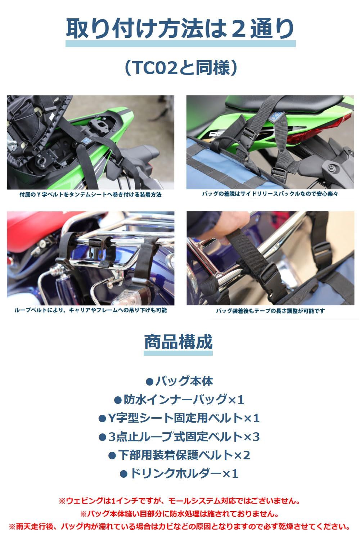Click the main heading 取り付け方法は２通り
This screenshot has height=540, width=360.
click(180, 29)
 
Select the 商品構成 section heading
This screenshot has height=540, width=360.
click(178, 342)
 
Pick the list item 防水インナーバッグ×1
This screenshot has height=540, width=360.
click(179, 400)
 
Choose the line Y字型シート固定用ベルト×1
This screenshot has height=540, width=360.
click(179, 418)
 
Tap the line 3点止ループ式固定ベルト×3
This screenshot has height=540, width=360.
click(179, 437)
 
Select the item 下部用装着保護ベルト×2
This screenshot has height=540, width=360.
click(179, 455)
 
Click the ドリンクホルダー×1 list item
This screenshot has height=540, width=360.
click(179, 473)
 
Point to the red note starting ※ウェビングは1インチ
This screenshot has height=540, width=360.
click(179, 501)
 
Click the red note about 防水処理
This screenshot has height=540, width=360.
click(179, 514)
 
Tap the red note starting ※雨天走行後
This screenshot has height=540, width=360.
click(179, 527)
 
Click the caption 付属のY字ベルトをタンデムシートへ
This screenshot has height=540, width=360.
click(90, 194)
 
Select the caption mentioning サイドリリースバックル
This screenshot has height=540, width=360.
click(270, 194)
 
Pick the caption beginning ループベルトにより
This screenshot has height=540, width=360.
click(90, 310)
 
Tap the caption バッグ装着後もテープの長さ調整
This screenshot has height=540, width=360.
click(270, 311)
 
